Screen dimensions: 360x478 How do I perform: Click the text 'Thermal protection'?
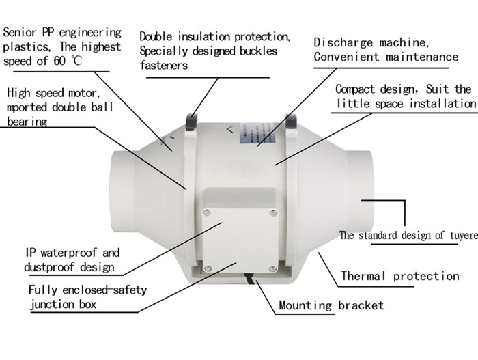399,276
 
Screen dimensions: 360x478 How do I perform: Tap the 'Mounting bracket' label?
331,305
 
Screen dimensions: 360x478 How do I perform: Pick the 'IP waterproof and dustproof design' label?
72,260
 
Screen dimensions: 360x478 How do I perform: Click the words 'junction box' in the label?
62,305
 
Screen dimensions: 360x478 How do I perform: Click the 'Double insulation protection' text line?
215,36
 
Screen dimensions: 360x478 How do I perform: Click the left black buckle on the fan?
191,121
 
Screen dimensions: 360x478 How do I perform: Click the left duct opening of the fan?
119,191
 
